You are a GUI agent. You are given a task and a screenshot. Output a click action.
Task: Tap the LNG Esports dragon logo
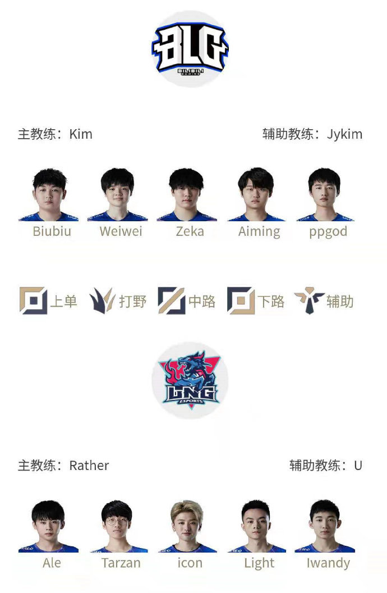click(x=190, y=381)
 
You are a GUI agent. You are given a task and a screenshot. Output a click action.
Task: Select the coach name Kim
click(x=81, y=134)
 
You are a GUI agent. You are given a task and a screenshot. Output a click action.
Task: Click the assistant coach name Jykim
click(x=345, y=135)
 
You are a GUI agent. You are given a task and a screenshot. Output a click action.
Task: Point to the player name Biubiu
click(x=52, y=231)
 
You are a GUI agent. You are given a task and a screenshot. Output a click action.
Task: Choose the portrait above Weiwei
click(x=117, y=194)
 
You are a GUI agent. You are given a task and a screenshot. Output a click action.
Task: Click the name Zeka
click(x=190, y=231)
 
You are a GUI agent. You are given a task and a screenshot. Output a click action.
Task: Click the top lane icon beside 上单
click(x=33, y=300)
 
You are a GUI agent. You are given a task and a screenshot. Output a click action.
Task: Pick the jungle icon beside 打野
click(x=102, y=300)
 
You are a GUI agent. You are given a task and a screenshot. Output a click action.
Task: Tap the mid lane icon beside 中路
click(x=172, y=300)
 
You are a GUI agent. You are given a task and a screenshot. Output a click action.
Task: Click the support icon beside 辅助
click(x=309, y=300)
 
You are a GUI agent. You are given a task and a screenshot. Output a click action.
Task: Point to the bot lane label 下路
click(x=271, y=302)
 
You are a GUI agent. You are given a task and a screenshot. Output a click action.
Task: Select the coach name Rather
click(x=89, y=466)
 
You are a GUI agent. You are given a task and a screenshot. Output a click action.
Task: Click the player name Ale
click(x=52, y=563)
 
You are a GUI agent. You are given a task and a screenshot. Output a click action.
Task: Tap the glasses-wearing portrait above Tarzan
click(x=117, y=526)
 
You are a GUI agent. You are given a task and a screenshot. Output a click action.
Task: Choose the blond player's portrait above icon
click(x=187, y=526)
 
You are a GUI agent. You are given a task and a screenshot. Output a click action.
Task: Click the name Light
click(x=259, y=563)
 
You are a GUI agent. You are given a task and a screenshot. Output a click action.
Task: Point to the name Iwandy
click(x=328, y=563)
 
